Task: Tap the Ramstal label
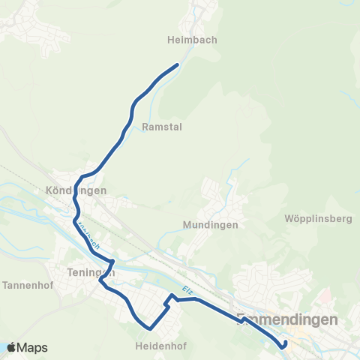[x=161, y=127]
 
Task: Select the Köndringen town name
[x=76, y=190]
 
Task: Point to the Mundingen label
[x=210, y=224]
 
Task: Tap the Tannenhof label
[x=26, y=285]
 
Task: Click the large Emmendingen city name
[x=286, y=319]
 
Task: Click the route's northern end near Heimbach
[x=177, y=65]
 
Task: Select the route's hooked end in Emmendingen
[x=283, y=346]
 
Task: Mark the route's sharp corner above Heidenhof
[x=151, y=328]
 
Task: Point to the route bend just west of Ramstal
[x=132, y=112]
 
